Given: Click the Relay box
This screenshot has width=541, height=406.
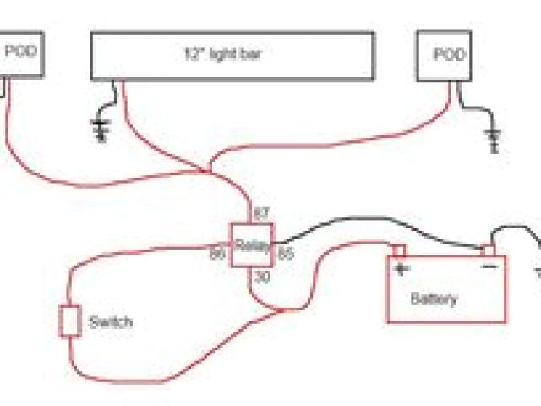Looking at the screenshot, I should pyautogui.click(x=252, y=246).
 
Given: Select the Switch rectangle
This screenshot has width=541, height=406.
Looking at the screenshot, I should pyautogui.click(x=69, y=321).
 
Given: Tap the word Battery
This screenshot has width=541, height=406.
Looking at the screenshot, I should pyautogui.click(x=434, y=299).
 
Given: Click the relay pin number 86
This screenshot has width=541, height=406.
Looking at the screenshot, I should pyautogui.click(x=217, y=252).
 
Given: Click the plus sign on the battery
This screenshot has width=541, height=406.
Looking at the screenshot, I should pyautogui.click(x=400, y=270).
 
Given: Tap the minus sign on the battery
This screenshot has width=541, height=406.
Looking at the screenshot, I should pyautogui.click(x=489, y=267).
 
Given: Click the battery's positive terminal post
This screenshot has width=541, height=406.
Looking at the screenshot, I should pyautogui.click(x=399, y=251).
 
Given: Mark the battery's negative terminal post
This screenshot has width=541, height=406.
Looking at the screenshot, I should pyautogui.click(x=488, y=250).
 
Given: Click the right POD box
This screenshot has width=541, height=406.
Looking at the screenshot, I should pyautogui.click(x=445, y=57).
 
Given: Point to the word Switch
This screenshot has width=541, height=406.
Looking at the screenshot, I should pyautogui.click(x=110, y=322).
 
